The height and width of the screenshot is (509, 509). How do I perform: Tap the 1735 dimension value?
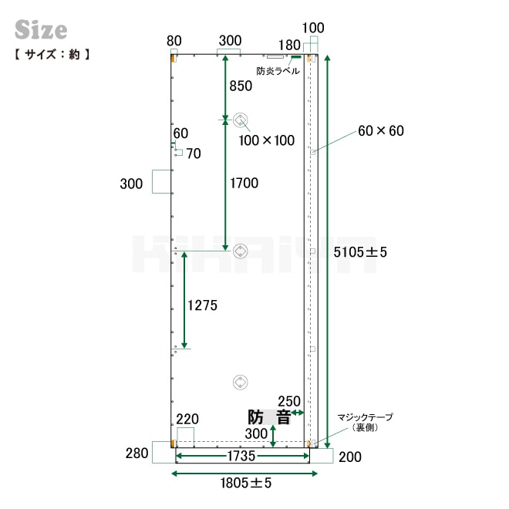(241, 457)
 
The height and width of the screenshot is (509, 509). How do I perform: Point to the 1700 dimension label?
(244, 183)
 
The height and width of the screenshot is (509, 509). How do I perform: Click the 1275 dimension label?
(203, 305)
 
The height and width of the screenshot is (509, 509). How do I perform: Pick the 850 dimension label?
(241, 86)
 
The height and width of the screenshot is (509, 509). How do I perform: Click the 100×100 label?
(267, 140)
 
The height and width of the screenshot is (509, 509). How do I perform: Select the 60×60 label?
(380, 131)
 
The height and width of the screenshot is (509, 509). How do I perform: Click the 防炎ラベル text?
(278, 71)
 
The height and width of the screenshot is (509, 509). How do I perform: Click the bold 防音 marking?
(268, 417)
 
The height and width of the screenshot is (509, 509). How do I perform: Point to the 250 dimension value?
(288, 401)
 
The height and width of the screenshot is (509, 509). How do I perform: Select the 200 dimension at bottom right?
(349, 457)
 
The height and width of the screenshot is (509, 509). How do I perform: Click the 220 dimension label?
(187, 419)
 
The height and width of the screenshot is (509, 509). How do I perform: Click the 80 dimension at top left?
(174, 40)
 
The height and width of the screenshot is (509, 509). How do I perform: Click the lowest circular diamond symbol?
(241, 383)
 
